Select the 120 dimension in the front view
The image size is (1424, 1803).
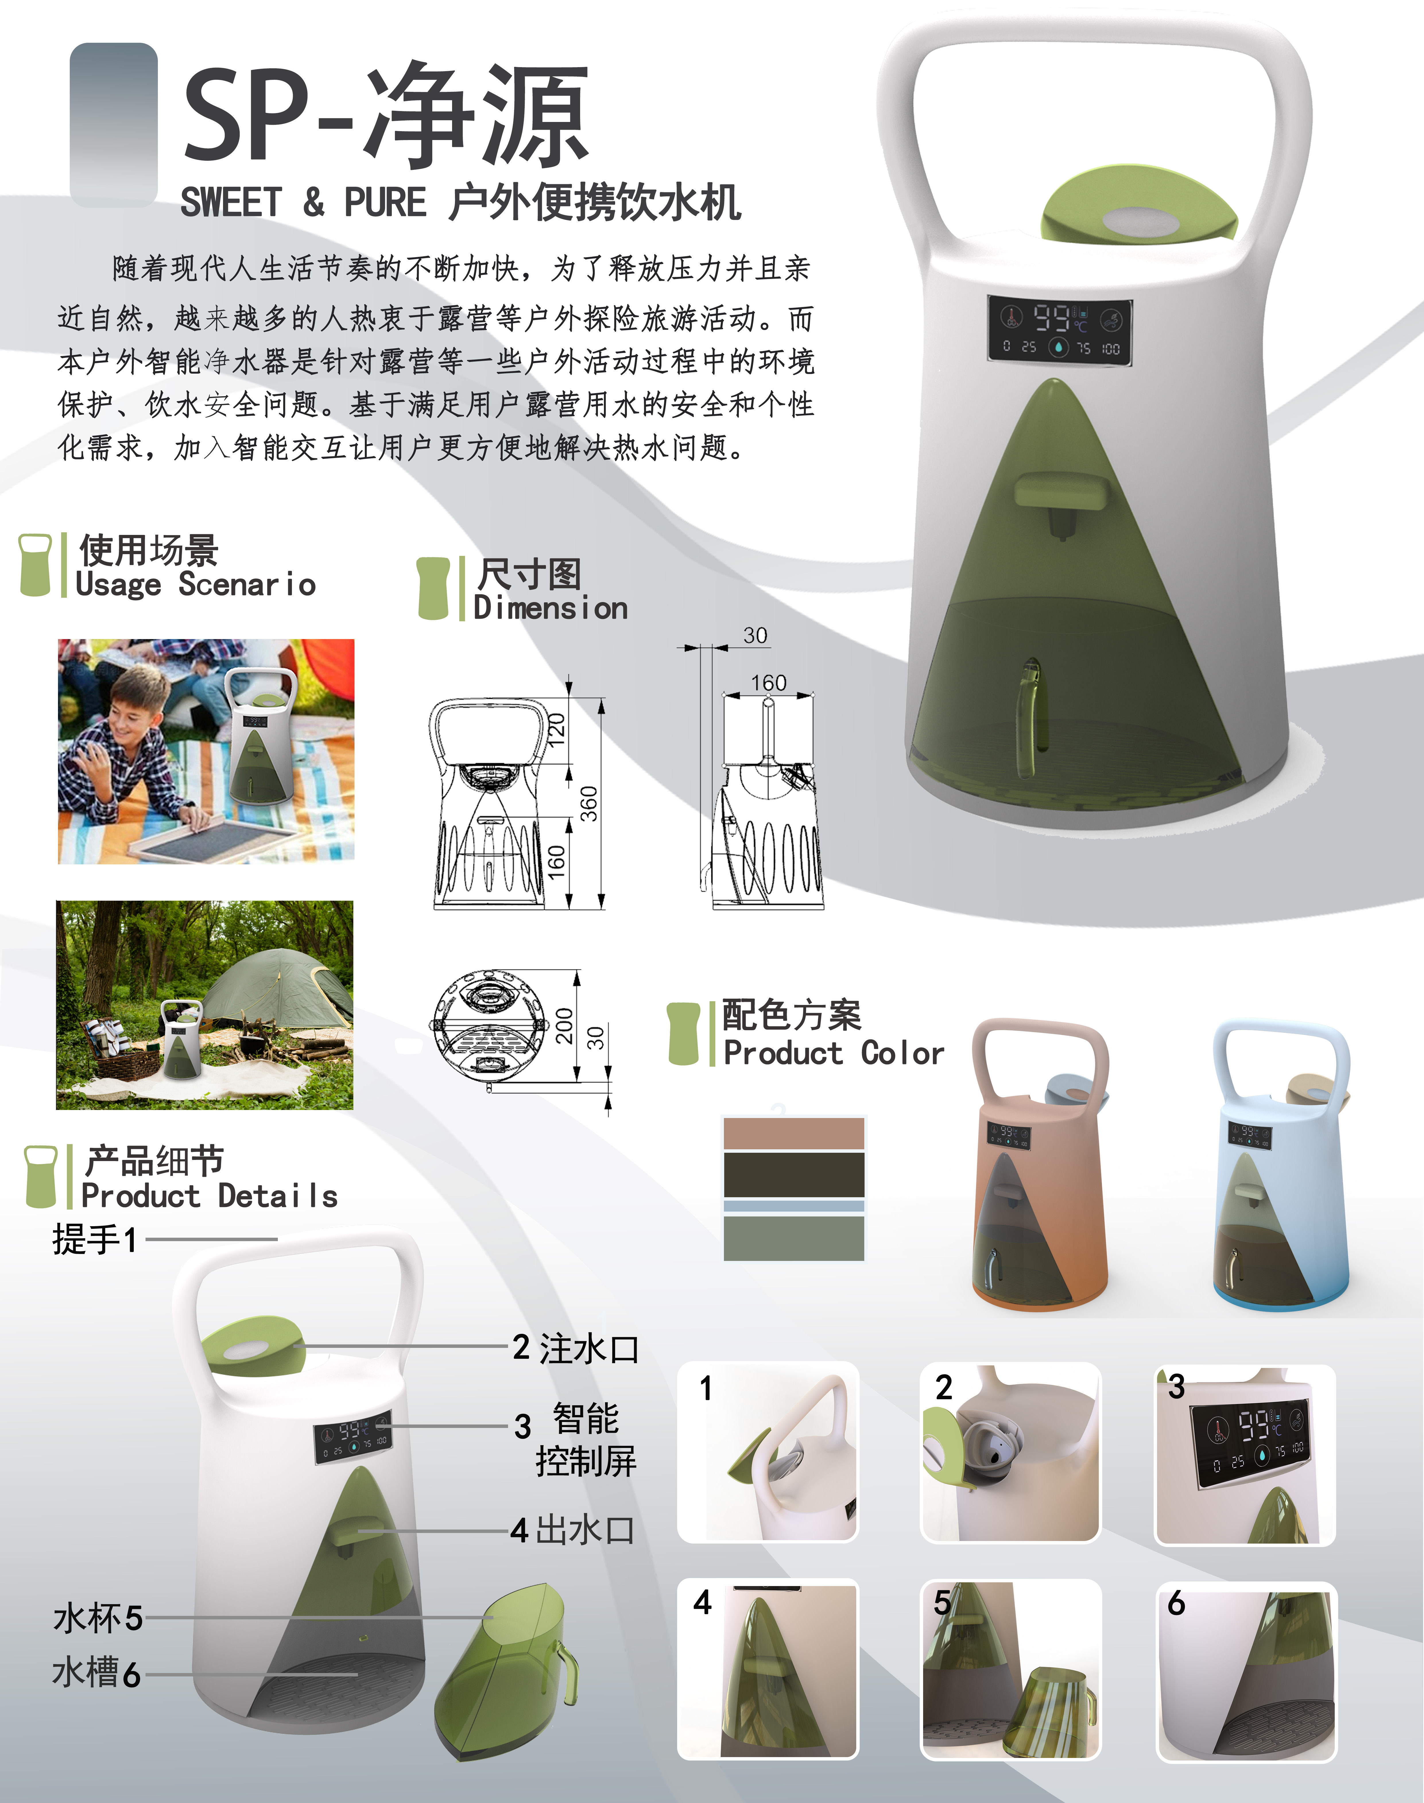[556, 729]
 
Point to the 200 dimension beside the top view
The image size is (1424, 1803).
[564, 1025]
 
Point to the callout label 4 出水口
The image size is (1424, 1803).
[574, 1530]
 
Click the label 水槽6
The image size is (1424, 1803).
[96, 1673]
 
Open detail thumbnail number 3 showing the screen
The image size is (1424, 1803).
[1245, 1455]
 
